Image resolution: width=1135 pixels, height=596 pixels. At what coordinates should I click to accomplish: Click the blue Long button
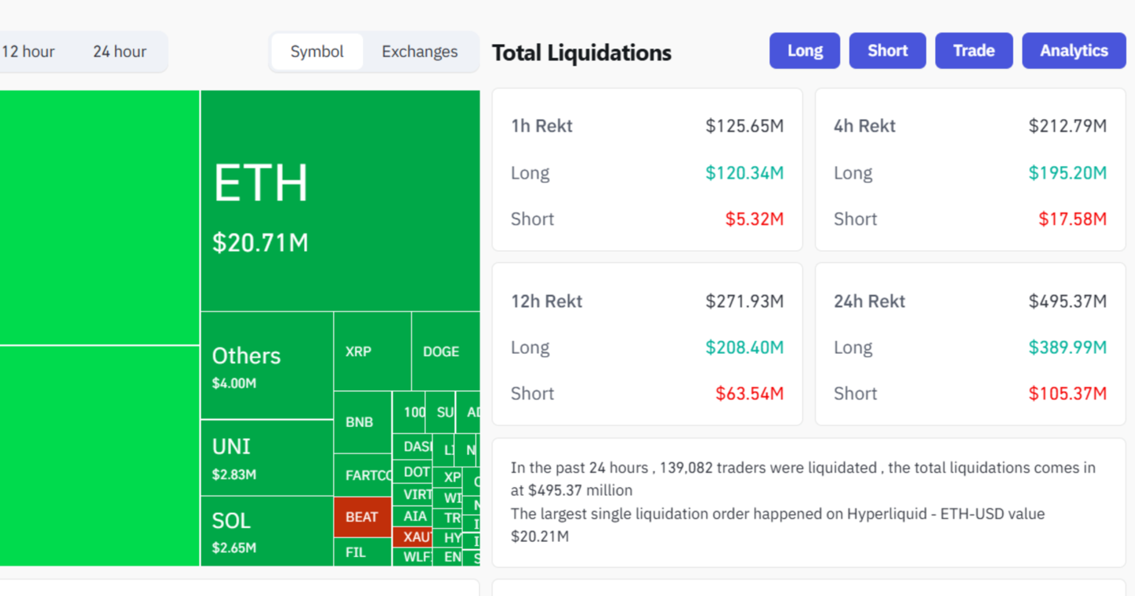click(x=804, y=51)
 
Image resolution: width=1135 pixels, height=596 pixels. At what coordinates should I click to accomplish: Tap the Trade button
click(x=974, y=51)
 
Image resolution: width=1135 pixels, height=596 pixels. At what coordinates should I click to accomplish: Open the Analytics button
click(x=1074, y=51)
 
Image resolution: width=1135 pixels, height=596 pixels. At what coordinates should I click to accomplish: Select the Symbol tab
click(x=317, y=52)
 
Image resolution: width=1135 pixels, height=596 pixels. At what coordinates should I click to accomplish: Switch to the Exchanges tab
click(x=419, y=52)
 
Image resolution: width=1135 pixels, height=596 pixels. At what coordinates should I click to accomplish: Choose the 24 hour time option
click(x=120, y=52)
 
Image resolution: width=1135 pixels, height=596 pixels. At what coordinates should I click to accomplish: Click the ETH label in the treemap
click(x=261, y=183)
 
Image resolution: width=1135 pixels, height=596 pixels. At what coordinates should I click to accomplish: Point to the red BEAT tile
click(x=362, y=517)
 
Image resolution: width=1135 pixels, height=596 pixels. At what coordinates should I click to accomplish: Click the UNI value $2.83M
click(x=234, y=474)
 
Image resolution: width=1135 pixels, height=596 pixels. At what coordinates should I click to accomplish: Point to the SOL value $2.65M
click(x=234, y=548)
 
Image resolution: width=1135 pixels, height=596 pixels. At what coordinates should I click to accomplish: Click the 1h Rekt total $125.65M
click(x=744, y=126)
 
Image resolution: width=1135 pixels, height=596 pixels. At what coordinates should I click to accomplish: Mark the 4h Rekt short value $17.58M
click(x=1072, y=219)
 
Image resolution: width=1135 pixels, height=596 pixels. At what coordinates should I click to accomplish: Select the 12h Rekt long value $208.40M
click(x=744, y=348)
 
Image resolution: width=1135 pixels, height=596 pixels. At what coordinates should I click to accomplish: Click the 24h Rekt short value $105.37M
click(x=1067, y=394)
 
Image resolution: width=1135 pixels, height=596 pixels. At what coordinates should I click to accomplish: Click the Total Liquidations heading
click(x=582, y=53)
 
